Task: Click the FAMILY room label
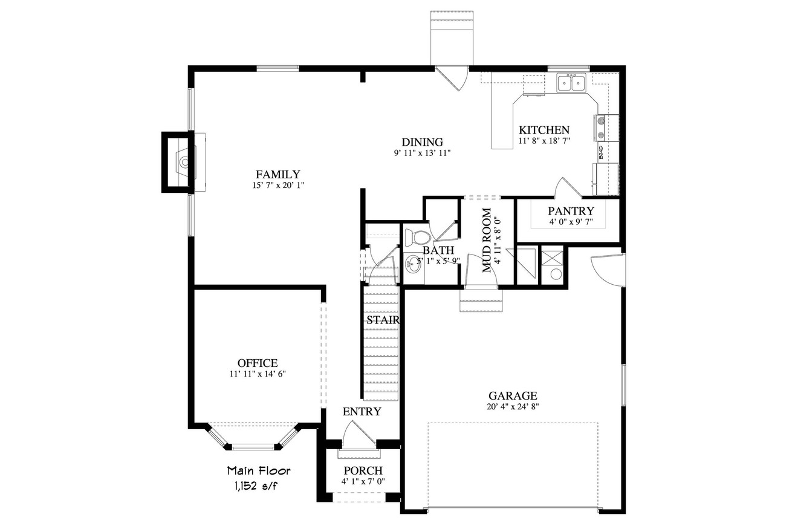[x=277, y=175]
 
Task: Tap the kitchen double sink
[x=571, y=83]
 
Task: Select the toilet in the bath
[x=416, y=237]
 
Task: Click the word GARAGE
[x=513, y=396]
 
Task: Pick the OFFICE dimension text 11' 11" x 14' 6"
[x=257, y=374]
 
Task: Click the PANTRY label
[x=571, y=211]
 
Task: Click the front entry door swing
[x=358, y=435]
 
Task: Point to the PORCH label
[x=363, y=471]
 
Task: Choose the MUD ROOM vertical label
[x=487, y=240]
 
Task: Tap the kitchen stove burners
[x=601, y=128]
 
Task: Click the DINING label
[x=422, y=143]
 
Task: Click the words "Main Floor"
[x=259, y=470]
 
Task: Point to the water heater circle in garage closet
[x=556, y=274]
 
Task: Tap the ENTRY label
[x=362, y=412]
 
